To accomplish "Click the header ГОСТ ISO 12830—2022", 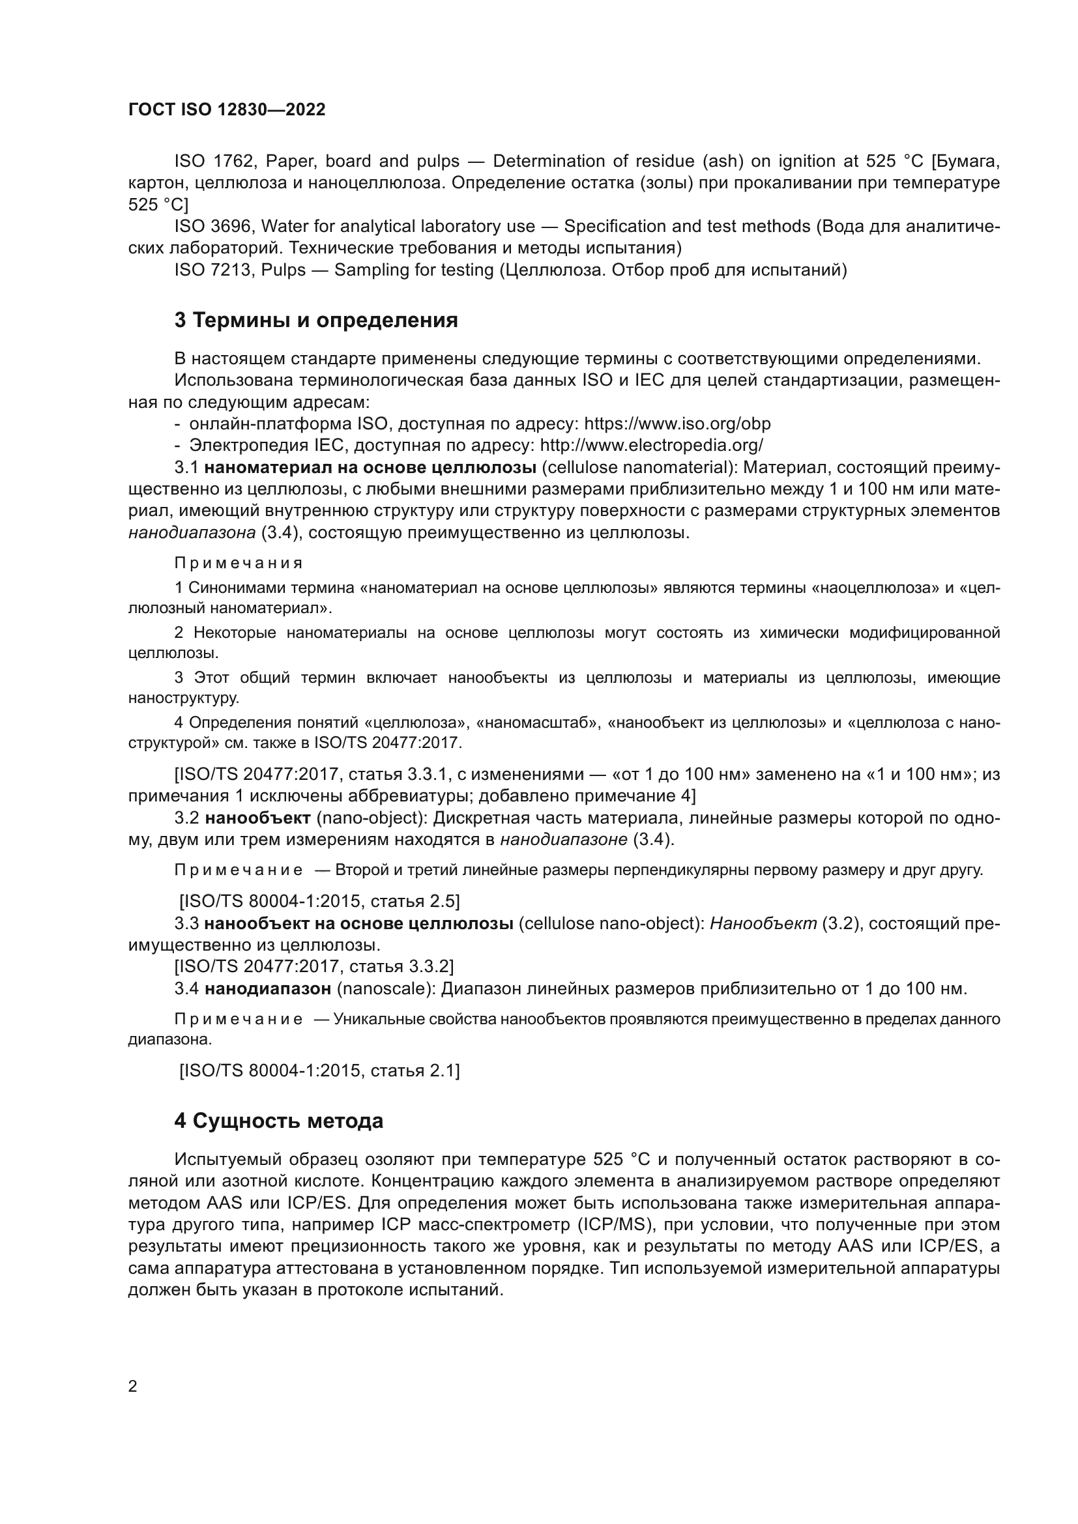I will tap(227, 110).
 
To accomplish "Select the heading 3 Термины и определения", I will tap(316, 321).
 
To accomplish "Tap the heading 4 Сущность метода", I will tap(279, 1121).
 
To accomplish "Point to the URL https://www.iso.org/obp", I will tap(677, 424).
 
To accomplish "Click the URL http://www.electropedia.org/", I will tap(652, 445).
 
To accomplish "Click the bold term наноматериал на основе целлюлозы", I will tap(370, 467).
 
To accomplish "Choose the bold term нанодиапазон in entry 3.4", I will tap(267, 989).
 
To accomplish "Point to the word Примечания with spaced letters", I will tap(239, 563).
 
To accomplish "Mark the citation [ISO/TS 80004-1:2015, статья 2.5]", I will tap(319, 900).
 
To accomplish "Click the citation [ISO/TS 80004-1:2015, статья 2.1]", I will tap(319, 1071).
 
